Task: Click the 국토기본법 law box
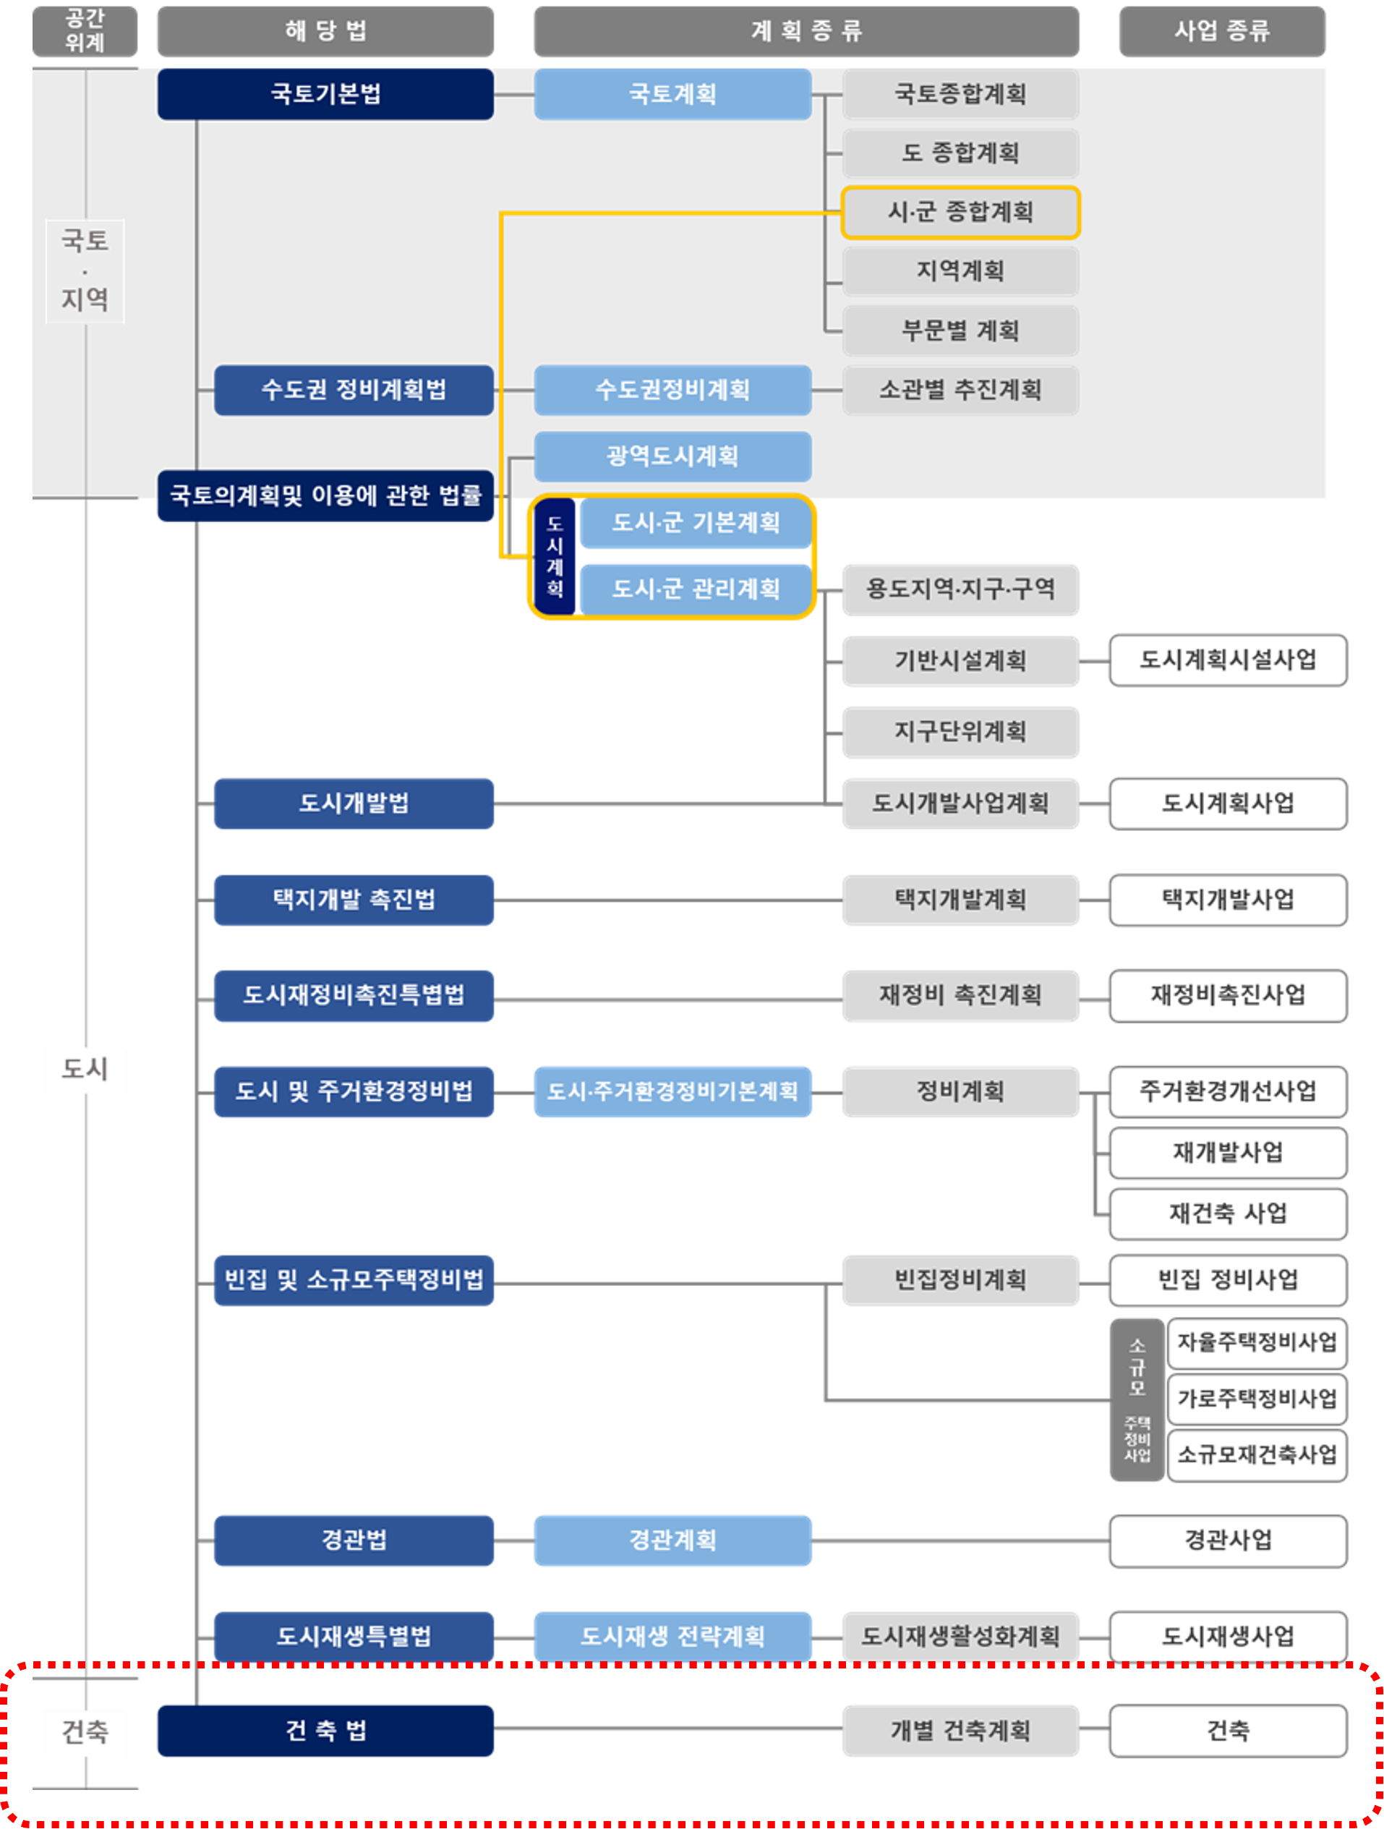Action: (325, 94)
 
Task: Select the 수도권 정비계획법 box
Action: (353, 391)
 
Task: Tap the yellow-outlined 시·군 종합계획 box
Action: (960, 213)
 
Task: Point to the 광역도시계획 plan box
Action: (672, 456)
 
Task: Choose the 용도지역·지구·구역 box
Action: (960, 589)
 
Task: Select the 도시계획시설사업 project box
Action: (1228, 660)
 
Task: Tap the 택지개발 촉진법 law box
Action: (353, 900)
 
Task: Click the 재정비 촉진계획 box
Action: (960, 996)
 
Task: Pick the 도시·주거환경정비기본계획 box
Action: (672, 1092)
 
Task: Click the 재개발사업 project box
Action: (1228, 1153)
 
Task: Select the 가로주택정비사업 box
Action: (1257, 1399)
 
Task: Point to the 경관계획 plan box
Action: (672, 1540)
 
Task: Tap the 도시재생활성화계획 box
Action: (960, 1637)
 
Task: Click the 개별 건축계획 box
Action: (960, 1731)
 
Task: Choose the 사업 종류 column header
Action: (1222, 31)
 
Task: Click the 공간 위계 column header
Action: (85, 31)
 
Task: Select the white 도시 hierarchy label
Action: (85, 1070)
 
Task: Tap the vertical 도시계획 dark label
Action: (555, 556)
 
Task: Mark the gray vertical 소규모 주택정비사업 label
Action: (1137, 1399)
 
